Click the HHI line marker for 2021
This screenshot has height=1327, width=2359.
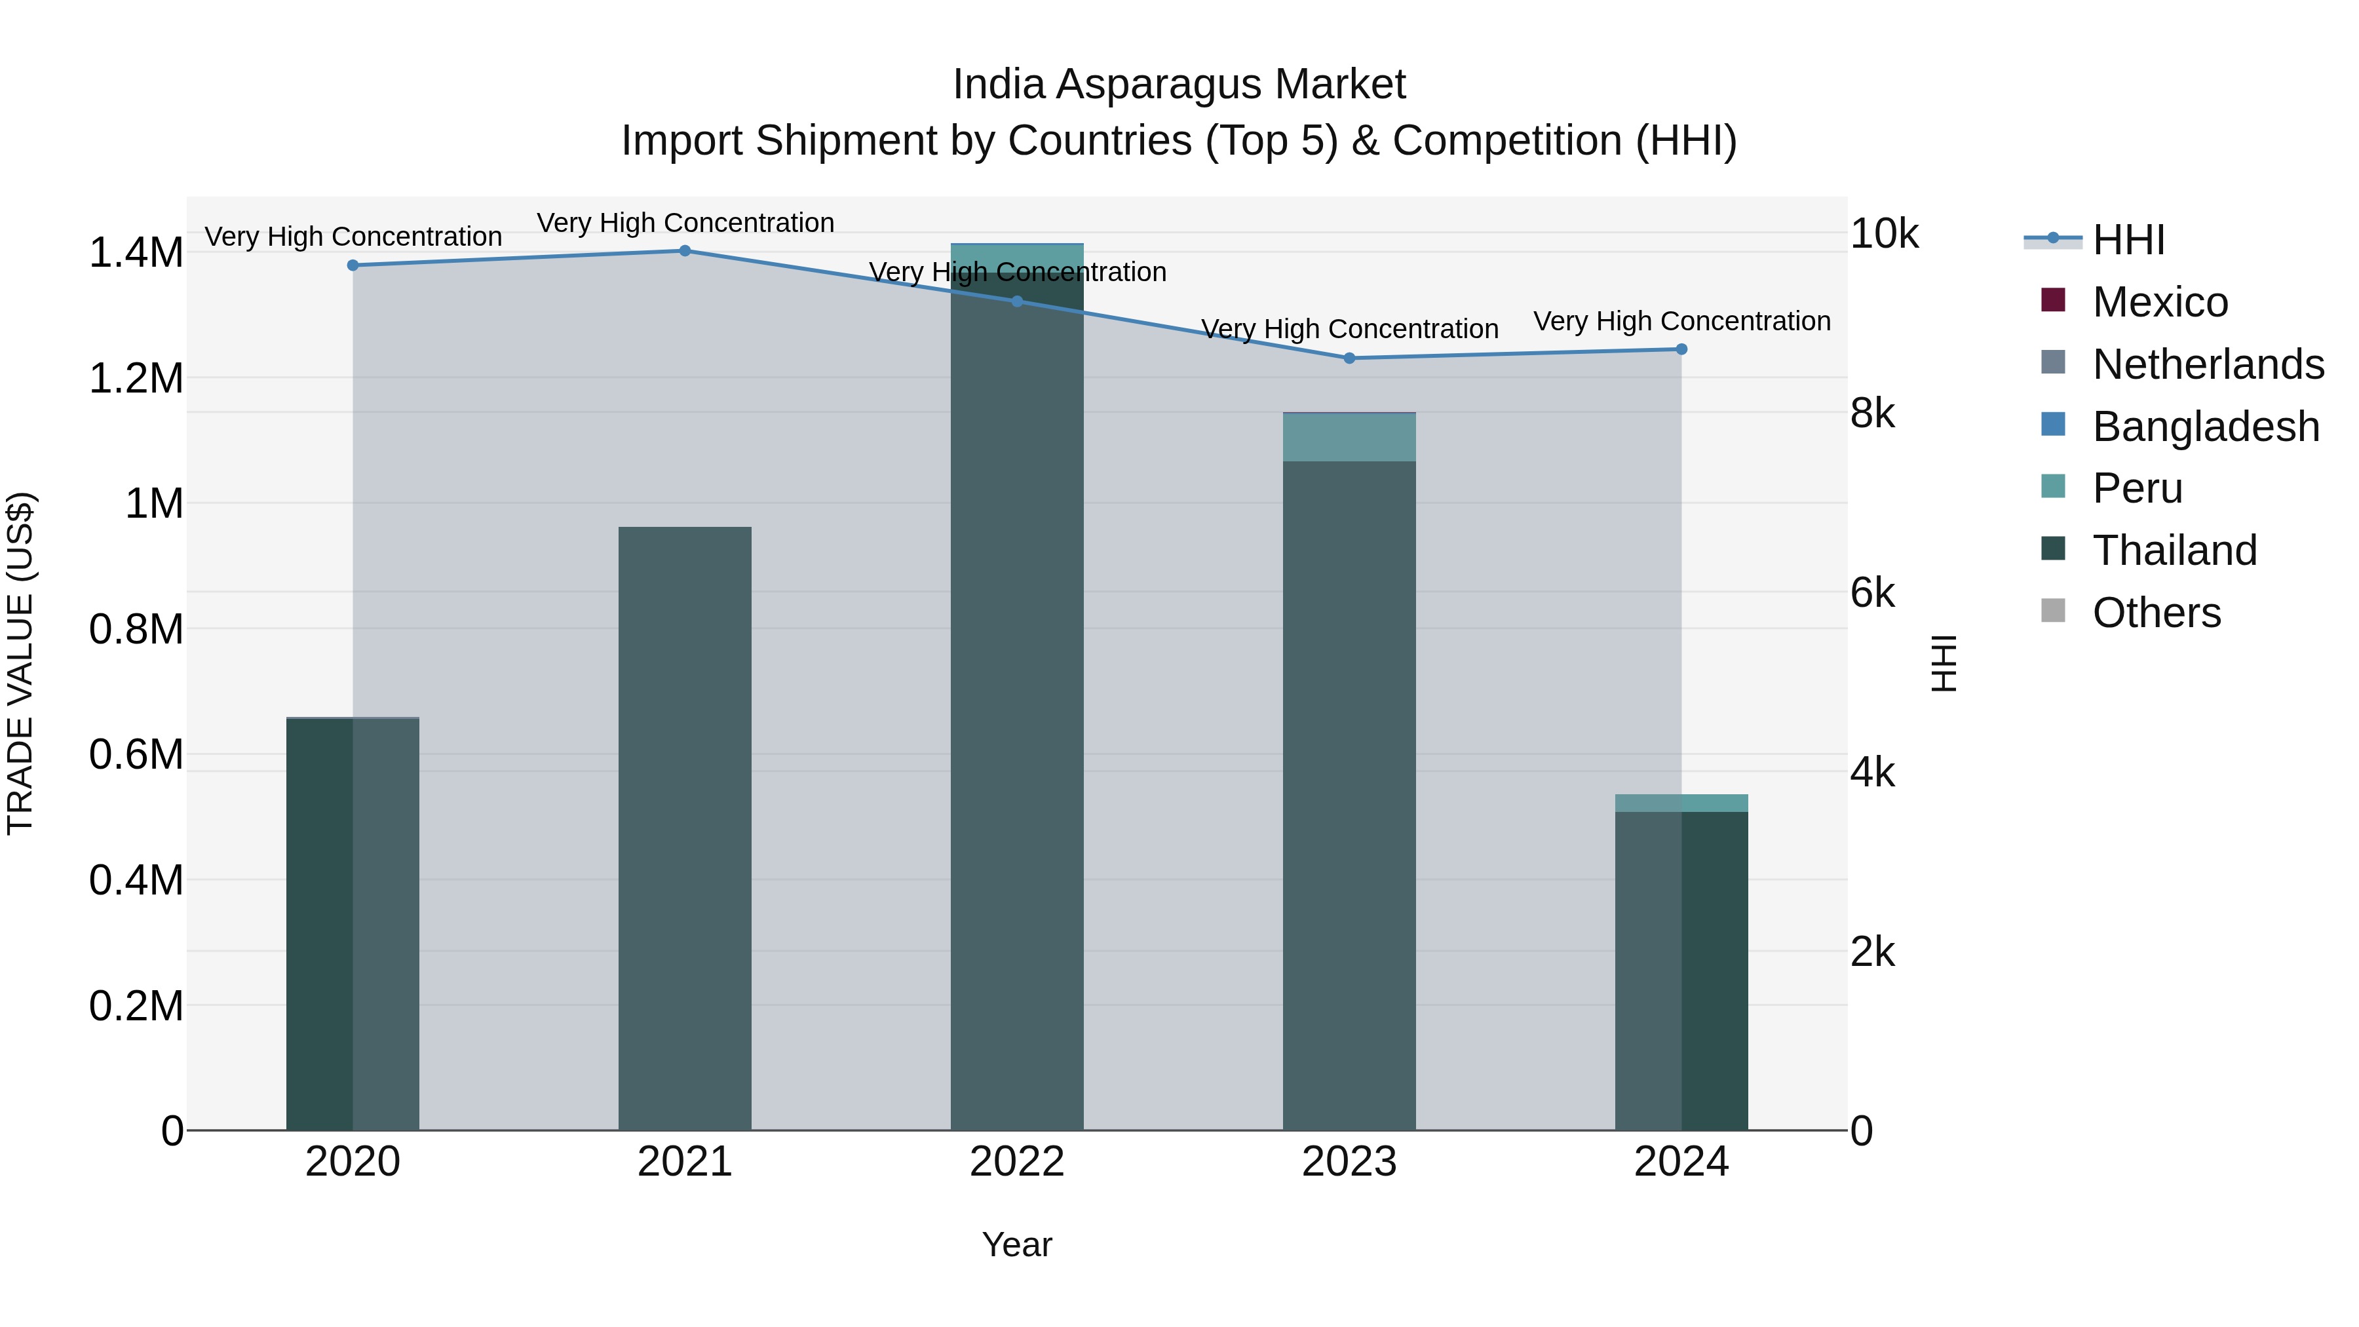(x=685, y=251)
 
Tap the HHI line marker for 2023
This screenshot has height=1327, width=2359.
(x=1349, y=358)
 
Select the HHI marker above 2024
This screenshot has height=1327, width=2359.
(x=1681, y=349)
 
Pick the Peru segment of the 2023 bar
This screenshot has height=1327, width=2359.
(x=1349, y=438)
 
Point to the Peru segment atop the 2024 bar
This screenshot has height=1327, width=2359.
(x=1681, y=803)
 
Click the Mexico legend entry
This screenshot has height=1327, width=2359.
(x=2159, y=302)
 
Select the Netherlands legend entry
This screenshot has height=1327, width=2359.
(x=2207, y=364)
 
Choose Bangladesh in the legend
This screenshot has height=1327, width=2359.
(x=2205, y=427)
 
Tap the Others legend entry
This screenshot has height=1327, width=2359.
(x=2156, y=613)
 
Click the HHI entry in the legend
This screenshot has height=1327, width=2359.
(x=2127, y=240)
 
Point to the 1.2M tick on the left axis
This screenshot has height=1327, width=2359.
(x=136, y=378)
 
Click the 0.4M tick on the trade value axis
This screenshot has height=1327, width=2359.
(x=136, y=880)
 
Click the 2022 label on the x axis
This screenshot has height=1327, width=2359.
(x=1016, y=1162)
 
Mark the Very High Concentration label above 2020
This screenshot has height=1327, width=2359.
(x=353, y=237)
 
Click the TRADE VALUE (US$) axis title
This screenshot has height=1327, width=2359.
(x=20, y=663)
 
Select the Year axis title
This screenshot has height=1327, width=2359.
(x=1016, y=1244)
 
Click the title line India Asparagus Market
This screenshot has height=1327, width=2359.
(x=1179, y=85)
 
